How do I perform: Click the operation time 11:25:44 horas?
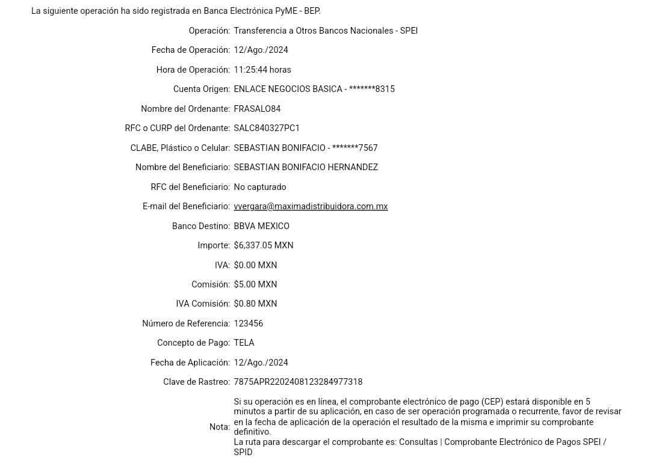[262, 70]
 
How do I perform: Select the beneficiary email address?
[311, 206]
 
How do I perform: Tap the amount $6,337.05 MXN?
[264, 245]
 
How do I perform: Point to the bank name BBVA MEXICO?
[262, 226]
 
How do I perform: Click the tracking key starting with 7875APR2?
[299, 382]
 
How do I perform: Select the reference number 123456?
[249, 323]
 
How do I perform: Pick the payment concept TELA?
[244, 343]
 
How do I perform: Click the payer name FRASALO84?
[257, 109]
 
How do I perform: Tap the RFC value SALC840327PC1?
[266, 128]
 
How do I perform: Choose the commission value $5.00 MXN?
[256, 284]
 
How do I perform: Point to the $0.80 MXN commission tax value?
[256, 304]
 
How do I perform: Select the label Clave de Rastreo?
[196, 382]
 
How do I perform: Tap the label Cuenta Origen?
[202, 89]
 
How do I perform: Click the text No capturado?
[260, 187]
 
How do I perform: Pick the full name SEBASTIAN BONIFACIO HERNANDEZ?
[306, 167]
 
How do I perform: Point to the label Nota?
[219, 427]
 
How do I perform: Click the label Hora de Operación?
[193, 70]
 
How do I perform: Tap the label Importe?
[214, 245]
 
